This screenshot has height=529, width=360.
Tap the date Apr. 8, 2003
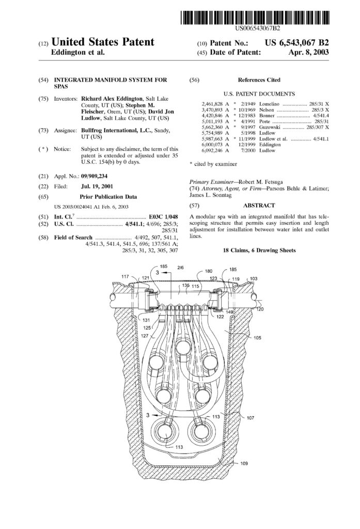(310, 52)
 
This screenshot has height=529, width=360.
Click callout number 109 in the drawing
(244, 463)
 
